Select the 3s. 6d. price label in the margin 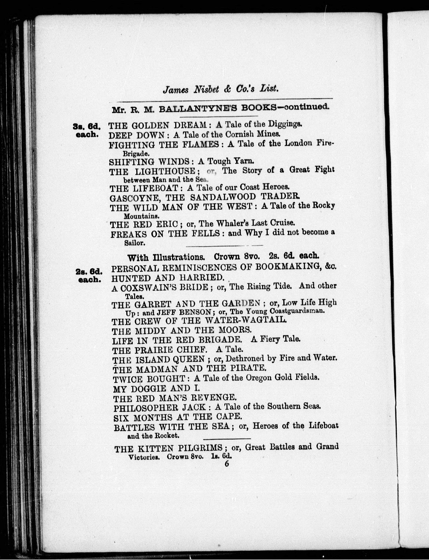pos(87,126)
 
